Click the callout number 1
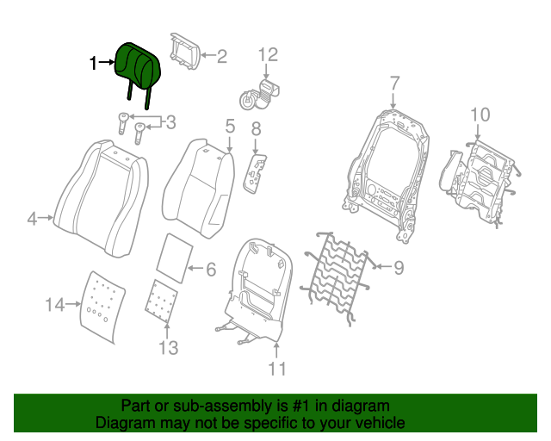(95, 63)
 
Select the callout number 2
(221, 57)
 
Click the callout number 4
(32, 220)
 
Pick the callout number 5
(230, 127)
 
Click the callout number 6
(211, 270)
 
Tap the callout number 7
(393, 84)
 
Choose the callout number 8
(256, 129)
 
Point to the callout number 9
(399, 268)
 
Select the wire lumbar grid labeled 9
(335, 271)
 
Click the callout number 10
(480, 114)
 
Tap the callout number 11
(276, 370)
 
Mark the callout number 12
(268, 55)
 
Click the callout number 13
(168, 348)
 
